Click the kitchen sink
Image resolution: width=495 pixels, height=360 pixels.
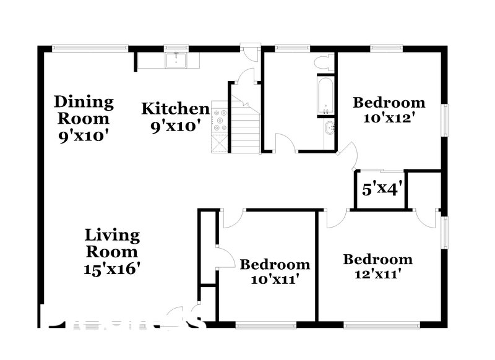176,60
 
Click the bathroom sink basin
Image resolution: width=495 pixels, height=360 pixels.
329,129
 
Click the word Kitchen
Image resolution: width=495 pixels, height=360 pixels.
175,109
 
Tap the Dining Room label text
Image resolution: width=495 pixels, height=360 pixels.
84,109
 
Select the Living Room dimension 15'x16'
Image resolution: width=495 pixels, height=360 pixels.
112,269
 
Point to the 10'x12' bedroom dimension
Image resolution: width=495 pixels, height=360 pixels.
389,118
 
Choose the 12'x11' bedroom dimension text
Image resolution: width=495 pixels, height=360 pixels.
378,275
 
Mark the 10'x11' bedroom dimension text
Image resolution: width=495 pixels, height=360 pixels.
275,280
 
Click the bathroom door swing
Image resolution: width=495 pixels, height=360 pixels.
284,142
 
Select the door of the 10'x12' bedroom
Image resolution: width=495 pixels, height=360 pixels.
348,155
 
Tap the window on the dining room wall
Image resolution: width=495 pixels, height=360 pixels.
90,47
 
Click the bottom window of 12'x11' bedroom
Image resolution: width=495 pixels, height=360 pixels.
380,324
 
